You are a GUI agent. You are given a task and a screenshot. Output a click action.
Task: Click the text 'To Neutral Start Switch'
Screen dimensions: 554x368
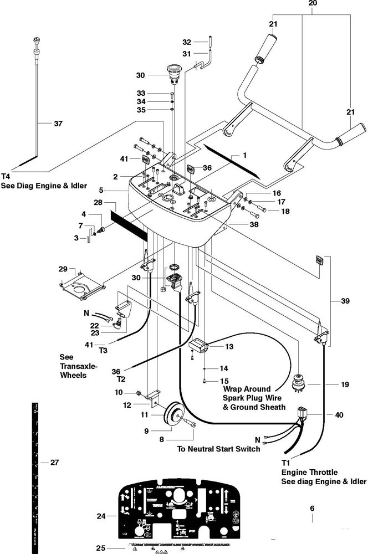point(218,449)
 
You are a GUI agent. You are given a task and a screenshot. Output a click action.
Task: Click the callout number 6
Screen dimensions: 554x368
point(311,507)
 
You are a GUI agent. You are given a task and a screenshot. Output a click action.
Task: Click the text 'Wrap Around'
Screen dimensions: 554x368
point(246,389)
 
